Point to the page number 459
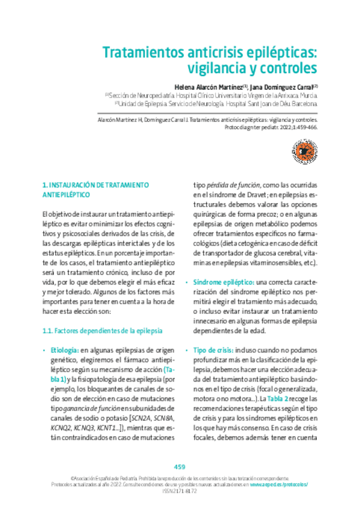(180, 467)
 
